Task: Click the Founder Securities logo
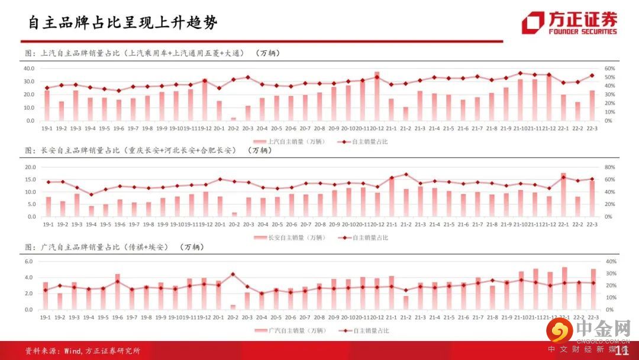(569, 23)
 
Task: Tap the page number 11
(622, 351)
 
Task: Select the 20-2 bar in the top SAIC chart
(233, 118)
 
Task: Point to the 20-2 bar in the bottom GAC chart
(233, 307)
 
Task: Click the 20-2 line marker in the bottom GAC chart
(233, 274)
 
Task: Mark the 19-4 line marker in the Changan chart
(91, 194)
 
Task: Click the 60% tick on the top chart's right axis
(609, 68)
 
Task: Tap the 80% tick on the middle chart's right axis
(609, 167)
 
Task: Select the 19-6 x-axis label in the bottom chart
(118, 317)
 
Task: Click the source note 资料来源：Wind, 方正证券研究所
(82, 351)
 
